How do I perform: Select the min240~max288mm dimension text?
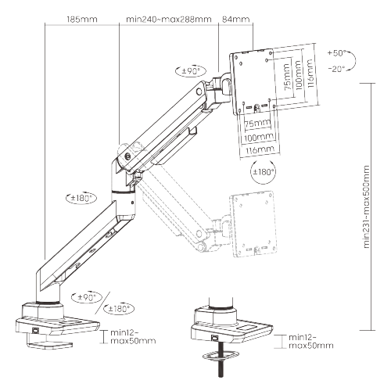click(165, 17)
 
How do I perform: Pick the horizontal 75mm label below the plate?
click(255, 124)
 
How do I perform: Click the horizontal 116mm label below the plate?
click(260, 149)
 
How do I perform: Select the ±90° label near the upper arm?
click(192, 70)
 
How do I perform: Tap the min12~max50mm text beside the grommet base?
click(310, 341)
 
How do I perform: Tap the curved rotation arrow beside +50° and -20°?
click(353, 61)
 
